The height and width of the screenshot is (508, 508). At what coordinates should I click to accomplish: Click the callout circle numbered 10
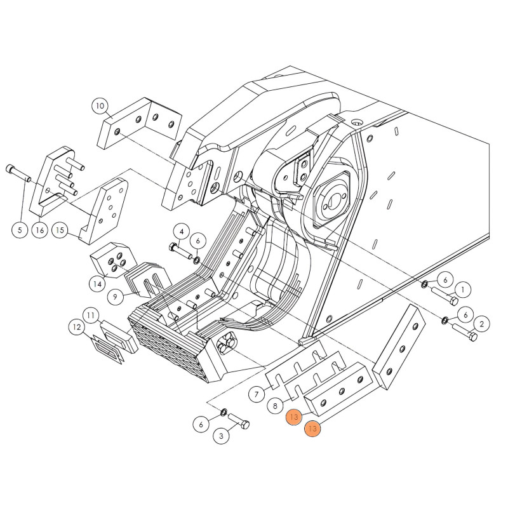(100, 106)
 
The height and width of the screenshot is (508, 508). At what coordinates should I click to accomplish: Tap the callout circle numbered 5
(20, 230)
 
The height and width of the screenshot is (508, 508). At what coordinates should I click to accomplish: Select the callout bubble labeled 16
(40, 230)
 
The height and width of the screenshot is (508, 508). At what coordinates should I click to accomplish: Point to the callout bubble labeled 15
(60, 230)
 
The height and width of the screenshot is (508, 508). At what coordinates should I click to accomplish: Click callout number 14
(98, 284)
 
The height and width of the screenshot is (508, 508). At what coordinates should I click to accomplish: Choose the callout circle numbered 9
(116, 297)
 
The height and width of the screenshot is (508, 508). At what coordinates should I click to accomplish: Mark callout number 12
(77, 327)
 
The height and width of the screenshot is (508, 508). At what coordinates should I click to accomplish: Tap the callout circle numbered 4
(182, 231)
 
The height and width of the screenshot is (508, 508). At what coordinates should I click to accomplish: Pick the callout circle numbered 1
(463, 290)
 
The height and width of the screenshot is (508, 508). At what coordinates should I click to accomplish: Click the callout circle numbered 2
(481, 324)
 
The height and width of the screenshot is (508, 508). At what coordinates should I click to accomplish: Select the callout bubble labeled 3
(221, 436)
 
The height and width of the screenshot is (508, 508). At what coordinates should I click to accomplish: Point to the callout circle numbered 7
(257, 394)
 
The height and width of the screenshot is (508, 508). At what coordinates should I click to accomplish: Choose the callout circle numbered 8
(276, 406)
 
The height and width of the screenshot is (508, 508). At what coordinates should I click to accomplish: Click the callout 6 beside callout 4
(198, 241)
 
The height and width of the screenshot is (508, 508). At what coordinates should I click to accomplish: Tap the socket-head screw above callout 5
(18, 173)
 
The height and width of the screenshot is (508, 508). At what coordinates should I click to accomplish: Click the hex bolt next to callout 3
(239, 421)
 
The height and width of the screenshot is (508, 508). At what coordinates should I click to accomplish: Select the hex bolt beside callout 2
(465, 331)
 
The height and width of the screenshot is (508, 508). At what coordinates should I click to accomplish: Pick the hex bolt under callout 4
(180, 251)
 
